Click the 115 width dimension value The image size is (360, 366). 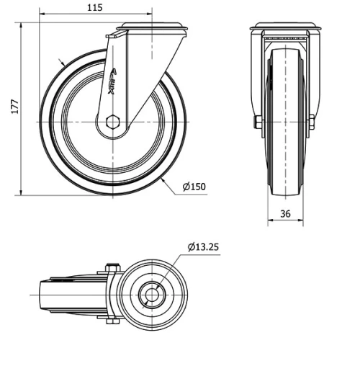click(94, 7)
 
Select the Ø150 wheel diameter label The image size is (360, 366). click(194, 187)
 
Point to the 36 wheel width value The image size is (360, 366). click(285, 213)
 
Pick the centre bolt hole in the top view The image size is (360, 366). click(153, 295)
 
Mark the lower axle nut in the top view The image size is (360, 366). click(112, 321)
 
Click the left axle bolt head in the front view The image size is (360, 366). click(257, 122)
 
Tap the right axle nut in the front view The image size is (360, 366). click(311, 122)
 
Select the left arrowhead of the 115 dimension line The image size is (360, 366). click(42, 14)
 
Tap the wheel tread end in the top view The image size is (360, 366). click(41, 295)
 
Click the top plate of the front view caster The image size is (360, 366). click(285, 28)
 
